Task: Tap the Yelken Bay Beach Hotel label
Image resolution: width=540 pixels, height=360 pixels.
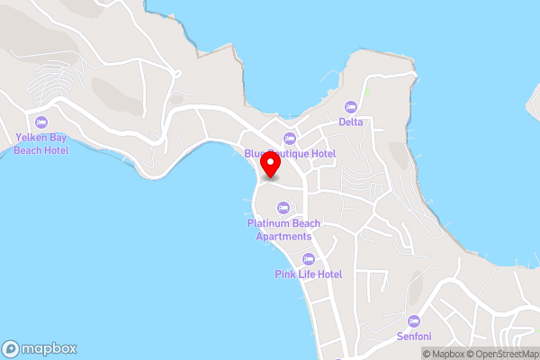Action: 40,144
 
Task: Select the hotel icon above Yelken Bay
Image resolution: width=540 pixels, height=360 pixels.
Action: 40,122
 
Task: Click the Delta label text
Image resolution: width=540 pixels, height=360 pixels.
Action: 351,121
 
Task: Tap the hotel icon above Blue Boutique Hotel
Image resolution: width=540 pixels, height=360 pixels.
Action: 289,138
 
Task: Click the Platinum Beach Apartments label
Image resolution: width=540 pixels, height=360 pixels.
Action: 283,229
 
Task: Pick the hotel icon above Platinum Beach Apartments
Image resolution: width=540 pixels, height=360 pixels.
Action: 283,208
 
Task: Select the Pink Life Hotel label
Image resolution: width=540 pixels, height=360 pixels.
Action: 309,274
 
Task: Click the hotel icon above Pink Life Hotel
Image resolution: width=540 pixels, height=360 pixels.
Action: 309,258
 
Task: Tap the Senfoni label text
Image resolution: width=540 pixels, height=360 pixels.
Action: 414,337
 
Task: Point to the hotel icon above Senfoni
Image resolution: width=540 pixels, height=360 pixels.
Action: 414,320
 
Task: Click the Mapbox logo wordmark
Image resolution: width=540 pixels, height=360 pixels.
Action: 49,348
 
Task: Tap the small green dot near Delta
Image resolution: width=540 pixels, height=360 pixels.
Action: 367,92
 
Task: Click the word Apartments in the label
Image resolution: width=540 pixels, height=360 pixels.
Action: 283,236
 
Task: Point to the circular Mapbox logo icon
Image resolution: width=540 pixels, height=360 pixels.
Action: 12,348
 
